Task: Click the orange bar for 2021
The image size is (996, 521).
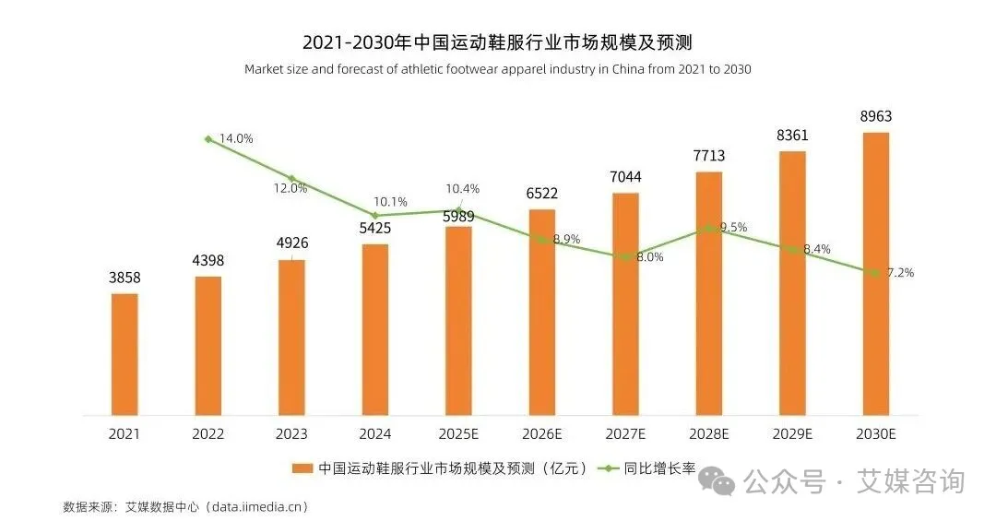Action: coord(125,354)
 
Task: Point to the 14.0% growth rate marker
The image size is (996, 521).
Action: coord(208,139)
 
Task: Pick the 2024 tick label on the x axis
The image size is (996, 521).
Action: coord(374,433)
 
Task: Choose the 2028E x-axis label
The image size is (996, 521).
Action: coord(708,433)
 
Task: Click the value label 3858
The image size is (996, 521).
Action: coord(125,278)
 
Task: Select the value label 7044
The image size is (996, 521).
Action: coord(625,177)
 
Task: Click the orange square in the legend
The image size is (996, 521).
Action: coord(300,468)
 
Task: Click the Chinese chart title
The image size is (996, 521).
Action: coord(497,42)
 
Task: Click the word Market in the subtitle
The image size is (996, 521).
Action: coord(266,69)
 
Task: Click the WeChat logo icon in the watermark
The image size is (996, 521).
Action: coord(717,480)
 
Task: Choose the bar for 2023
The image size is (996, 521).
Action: coord(291,337)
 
